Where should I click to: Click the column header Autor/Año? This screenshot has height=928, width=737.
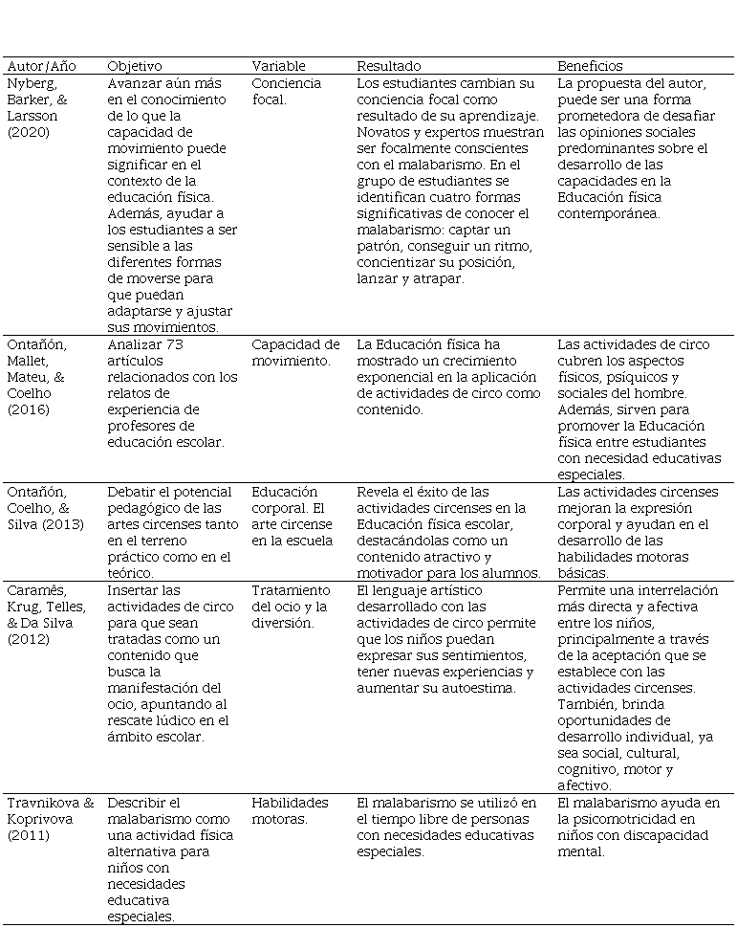click(41, 66)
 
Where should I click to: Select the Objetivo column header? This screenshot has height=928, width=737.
click(135, 66)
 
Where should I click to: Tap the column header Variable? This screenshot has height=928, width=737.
click(278, 66)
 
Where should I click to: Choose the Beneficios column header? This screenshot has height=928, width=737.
click(590, 66)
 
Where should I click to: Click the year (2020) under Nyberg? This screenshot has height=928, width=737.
click(29, 132)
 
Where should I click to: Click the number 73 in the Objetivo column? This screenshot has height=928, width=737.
click(172, 344)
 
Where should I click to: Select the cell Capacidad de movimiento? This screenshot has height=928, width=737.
click(295, 352)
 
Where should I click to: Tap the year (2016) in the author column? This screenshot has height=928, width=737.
click(29, 409)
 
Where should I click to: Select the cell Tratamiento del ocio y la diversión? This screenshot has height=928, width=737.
click(292, 607)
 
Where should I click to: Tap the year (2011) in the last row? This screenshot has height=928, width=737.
click(29, 835)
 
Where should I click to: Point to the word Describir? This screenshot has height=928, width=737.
click(137, 803)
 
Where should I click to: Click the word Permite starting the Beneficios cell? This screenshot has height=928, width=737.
click(583, 590)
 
